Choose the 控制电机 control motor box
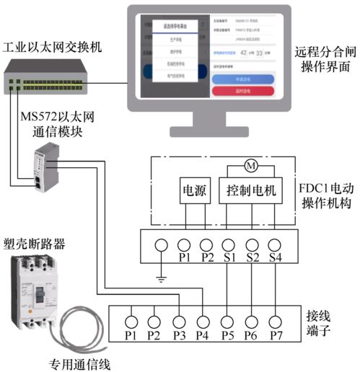click(251, 192)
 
